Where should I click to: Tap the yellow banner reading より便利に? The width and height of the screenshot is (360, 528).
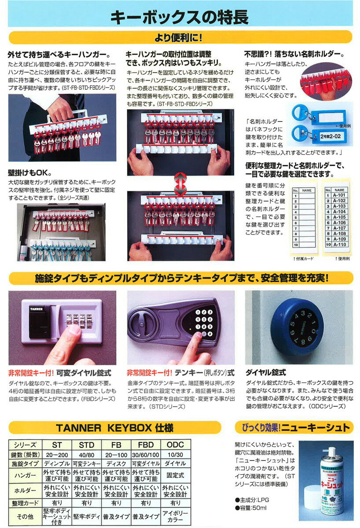180,37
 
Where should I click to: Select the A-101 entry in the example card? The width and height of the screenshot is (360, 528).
340,194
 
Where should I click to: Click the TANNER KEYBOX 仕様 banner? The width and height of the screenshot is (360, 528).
114,427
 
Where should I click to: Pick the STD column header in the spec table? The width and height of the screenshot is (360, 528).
87,445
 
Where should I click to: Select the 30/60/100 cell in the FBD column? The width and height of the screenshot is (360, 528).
146,454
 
